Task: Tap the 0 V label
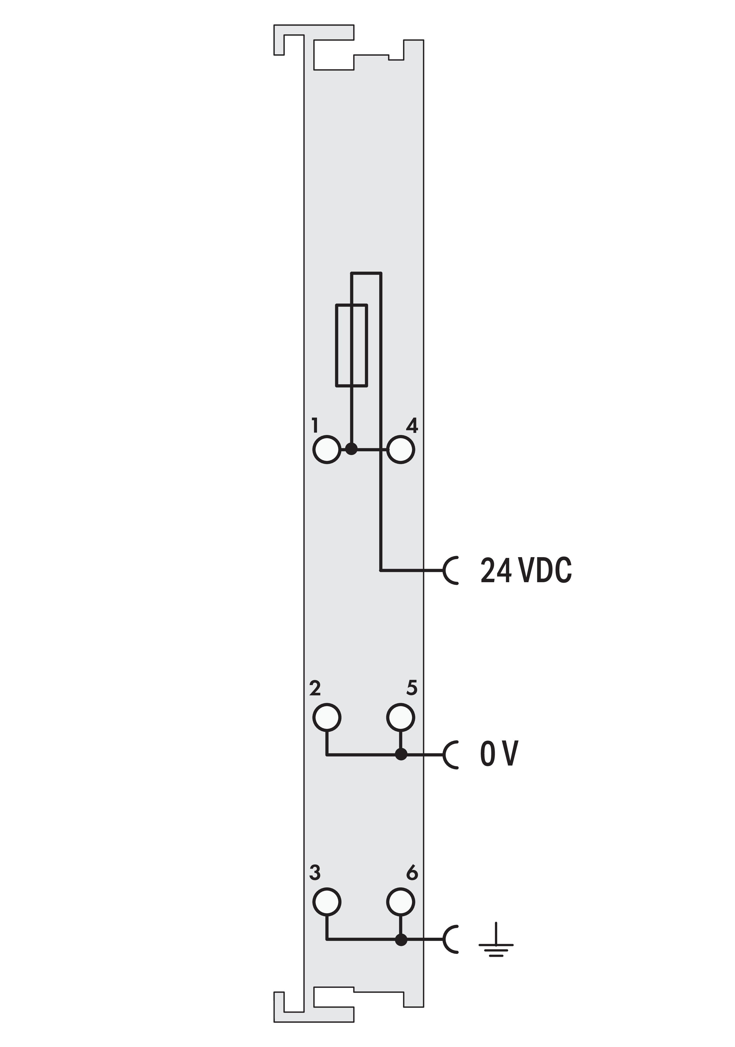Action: pyautogui.click(x=499, y=754)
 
